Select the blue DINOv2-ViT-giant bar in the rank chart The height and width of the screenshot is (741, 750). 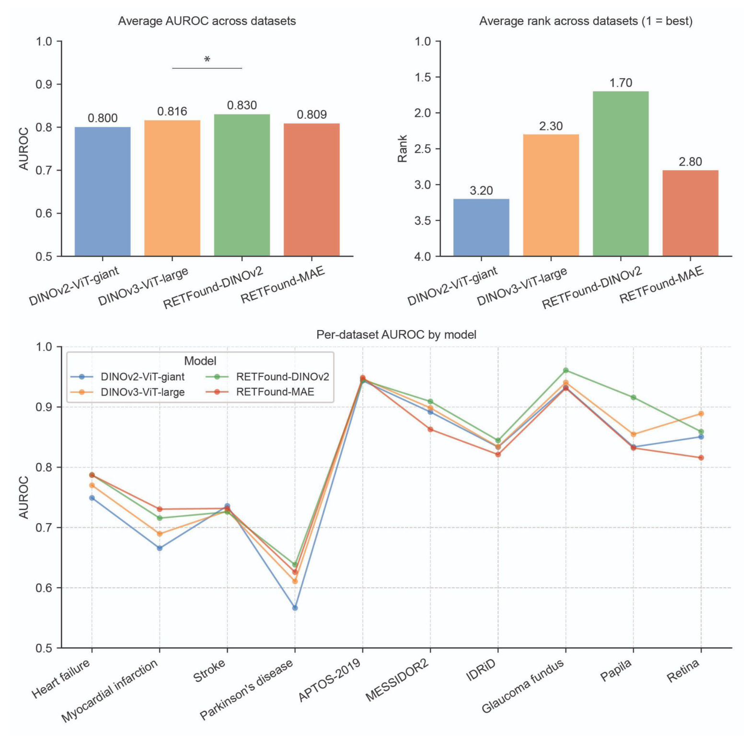click(x=481, y=227)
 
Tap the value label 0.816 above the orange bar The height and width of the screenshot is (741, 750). click(x=172, y=112)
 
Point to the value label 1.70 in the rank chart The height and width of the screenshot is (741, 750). click(x=621, y=83)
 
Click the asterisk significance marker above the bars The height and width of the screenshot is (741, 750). click(x=207, y=60)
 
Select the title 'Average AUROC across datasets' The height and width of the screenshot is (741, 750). click(x=207, y=21)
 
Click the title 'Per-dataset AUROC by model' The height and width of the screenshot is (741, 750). click(x=396, y=334)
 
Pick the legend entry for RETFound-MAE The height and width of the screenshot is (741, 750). click(x=275, y=392)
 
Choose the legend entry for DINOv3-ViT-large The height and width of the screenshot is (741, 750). click(x=142, y=392)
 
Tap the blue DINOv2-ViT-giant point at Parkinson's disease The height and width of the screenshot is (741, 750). click(x=295, y=608)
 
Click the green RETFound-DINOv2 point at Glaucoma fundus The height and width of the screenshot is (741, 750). click(x=566, y=370)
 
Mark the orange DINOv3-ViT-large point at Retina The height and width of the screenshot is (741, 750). click(x=701, y=413)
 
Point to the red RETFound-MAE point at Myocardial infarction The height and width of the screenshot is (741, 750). click(x=160, y=509)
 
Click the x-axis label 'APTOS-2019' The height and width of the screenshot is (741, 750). click(x=330, y=680)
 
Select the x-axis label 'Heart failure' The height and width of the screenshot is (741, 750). click(x=61, y=678)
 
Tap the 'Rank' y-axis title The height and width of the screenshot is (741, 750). click(x=403, y=148)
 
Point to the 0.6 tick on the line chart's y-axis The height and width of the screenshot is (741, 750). click(x=44, y=588)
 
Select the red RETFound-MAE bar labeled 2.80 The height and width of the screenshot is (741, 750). click(x=690, y=213)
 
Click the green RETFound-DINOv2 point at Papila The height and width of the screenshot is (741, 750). click(x=634, y=398)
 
